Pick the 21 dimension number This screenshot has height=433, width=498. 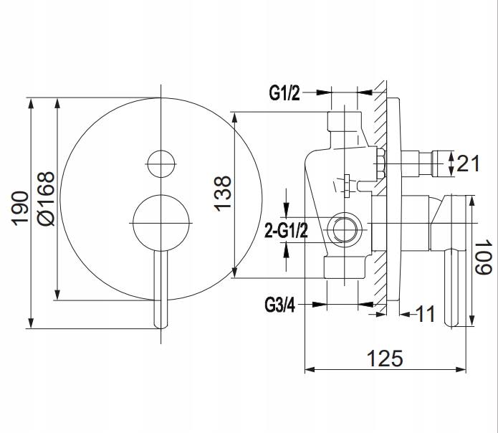click(466, 164)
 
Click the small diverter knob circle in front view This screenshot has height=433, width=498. click(160, 163)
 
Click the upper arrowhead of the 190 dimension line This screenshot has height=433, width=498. click(31, 101)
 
